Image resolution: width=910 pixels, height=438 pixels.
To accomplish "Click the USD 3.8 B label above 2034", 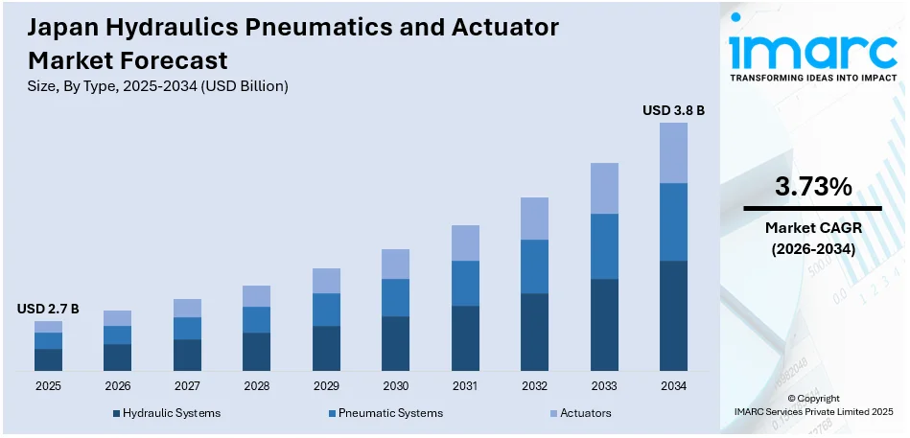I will click(x=673, y=111).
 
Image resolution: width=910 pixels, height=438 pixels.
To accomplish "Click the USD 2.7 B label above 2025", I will click(x=48, y=309).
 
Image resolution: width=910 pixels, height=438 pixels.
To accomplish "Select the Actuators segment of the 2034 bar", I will click(x=673, y=152).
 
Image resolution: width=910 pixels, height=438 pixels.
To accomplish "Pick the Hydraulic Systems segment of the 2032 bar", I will click(x=534, y=332).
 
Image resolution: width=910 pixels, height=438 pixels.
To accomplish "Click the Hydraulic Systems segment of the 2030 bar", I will click(x=395, y=343).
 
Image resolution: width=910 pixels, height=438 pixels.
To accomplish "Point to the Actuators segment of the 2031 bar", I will click(x=465, y=243).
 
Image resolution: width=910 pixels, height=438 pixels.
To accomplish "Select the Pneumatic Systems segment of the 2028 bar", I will click(x=256, y=320).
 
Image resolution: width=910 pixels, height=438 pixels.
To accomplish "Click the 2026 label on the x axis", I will click(x=117, y=385).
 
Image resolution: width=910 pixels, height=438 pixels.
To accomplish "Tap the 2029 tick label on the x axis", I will click(x=326, y=385).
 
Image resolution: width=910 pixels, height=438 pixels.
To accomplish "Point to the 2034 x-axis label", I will click(x=673, y=385).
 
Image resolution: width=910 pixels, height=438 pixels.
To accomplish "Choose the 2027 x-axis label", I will click(x=187, y=385).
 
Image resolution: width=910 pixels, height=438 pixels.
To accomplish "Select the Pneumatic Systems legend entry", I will click(x=385, y=413).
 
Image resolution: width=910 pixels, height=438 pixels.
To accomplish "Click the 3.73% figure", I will click(x=812, y=188).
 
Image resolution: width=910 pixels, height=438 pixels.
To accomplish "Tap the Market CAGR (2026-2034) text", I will click(x=812, y=238).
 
